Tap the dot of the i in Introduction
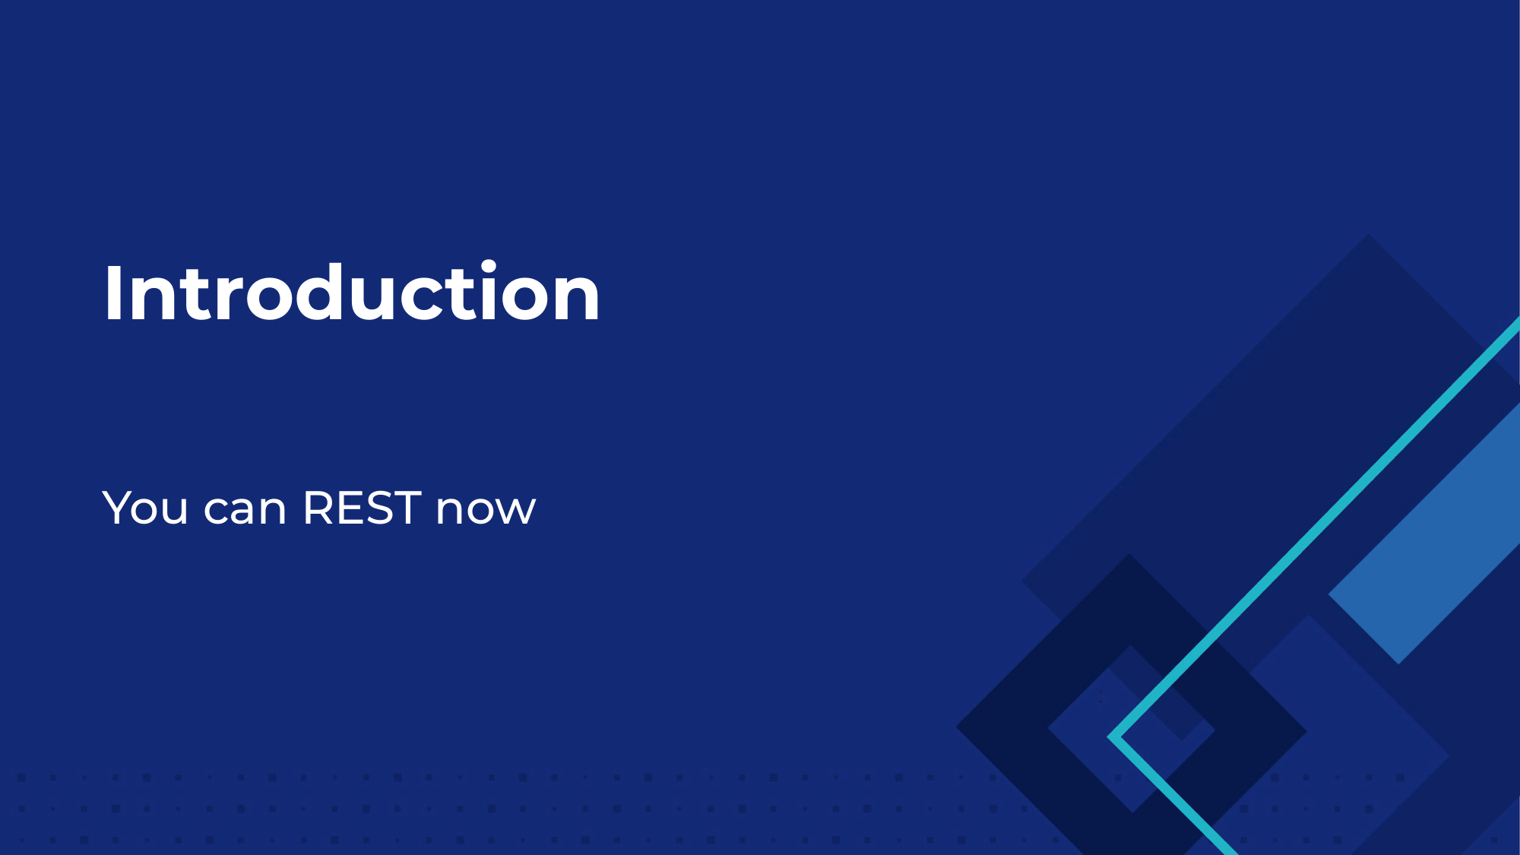tap(487, 266)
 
